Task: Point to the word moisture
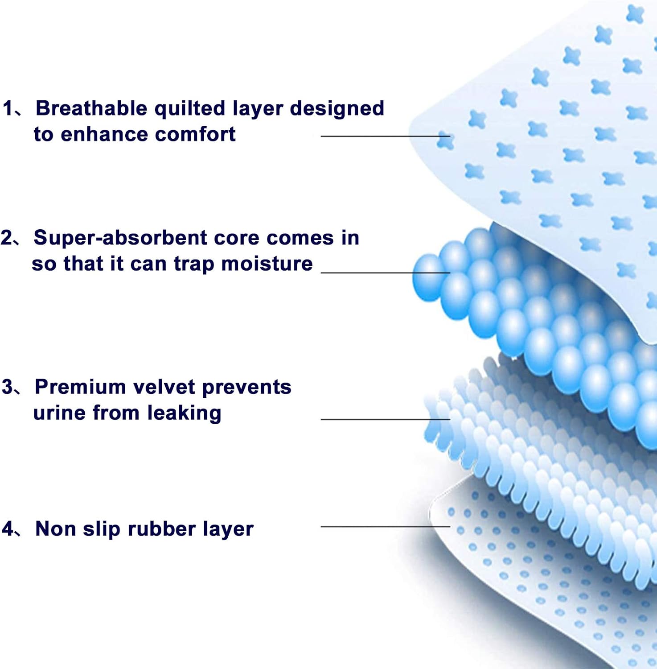(267, 264)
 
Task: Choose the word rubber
(161, 529)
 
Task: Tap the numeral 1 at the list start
(8, 108)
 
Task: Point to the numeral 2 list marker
(7, 238)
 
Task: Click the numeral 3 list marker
(8, 387)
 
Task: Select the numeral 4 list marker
(8, 529)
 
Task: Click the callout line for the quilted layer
(386, 136)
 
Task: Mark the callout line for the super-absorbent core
(386, 273)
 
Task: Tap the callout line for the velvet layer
(386, 419)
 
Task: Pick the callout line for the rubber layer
(386, 527)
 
